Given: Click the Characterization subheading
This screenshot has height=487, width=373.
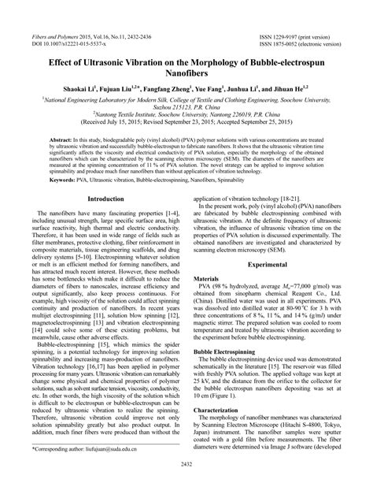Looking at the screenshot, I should [x=220, y=411].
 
